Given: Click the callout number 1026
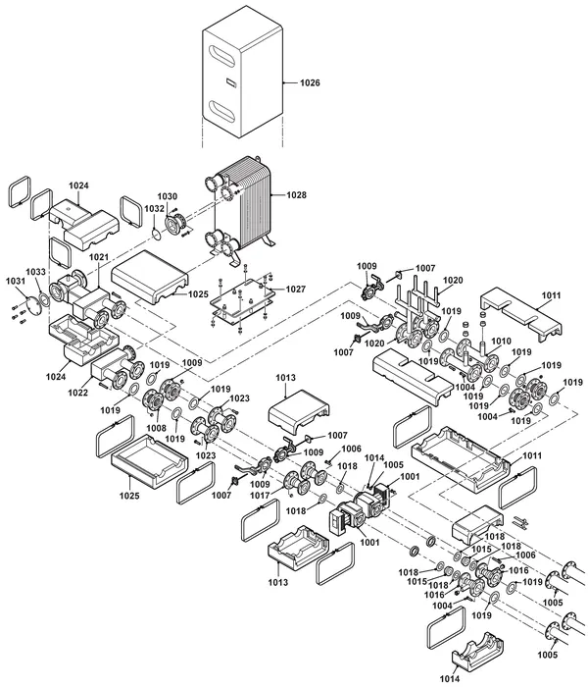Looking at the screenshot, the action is click(x=310, y=82).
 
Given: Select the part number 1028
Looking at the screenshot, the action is click(x=296, y=194).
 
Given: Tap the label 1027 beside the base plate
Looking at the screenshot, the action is click(x=296, y=290).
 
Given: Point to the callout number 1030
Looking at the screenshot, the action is click(x=168, y=196).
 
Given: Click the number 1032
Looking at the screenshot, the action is click(x=154, y=208).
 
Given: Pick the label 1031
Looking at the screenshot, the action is click(x=16, y=281).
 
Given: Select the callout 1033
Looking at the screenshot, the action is click(x=35, y=272).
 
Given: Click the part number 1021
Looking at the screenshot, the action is click(x=99, y=257).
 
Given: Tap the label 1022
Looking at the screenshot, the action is click(x=78, y=393).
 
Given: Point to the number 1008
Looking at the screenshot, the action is click(x=157, y=428).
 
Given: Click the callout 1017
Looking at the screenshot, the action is click(x=260, y=496).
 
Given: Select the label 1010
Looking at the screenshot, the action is click(x=501, y=341).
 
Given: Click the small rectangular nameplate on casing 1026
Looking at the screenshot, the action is click(x=231, y=81).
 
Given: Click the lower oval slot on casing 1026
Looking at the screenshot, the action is click(x=223, y=111).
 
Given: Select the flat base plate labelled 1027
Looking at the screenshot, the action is click(x=243, y=297).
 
